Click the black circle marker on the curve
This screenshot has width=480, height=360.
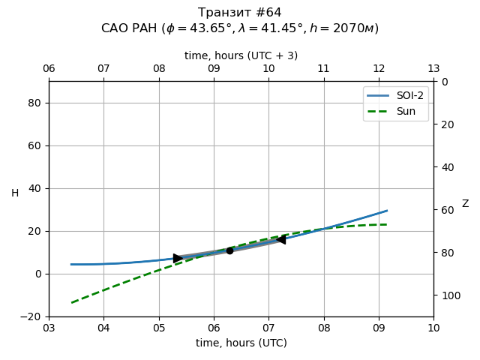(229, 250)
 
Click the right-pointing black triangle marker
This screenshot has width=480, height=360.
(178, 258)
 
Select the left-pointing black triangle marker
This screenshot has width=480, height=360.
(280, 239)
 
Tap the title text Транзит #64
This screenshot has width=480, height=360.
(240, 13)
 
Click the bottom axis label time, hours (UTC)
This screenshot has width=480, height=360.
(241, 343)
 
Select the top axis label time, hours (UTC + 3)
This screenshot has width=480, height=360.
(241, 55)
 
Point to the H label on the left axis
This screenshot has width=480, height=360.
(15, 193)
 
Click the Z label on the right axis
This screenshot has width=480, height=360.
(465, 204)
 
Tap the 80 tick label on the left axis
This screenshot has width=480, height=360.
(34, 103)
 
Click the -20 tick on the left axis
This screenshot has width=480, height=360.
(31, 316)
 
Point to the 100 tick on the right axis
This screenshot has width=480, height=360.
(448, 295)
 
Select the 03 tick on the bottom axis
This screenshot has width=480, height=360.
(49, 328)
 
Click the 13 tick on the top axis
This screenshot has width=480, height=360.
(433, 69)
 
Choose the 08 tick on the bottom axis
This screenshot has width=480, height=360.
(323, 328)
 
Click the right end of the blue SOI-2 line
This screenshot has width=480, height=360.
(387, 211)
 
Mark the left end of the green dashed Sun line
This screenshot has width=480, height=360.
(71, 303)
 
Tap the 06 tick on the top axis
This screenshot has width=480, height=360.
(49, 69)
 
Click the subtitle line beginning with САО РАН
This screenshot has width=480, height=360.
(240, 28)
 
